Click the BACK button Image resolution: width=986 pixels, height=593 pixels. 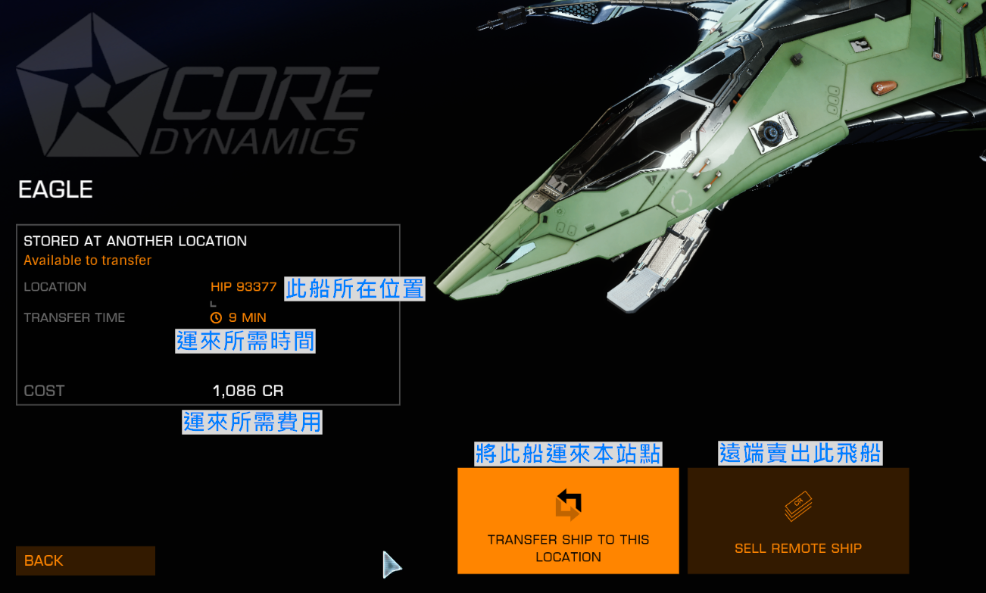85,560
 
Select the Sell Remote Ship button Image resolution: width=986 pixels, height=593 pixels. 797,520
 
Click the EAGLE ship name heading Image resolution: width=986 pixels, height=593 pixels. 55,189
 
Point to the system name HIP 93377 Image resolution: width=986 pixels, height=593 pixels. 243,287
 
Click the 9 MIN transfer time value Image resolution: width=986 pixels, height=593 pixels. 247,317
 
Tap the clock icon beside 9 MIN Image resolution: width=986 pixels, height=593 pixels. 216,318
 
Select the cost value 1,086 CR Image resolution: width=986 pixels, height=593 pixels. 248,391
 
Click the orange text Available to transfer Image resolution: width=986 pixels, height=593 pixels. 87,261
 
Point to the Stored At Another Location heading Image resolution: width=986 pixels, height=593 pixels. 135,242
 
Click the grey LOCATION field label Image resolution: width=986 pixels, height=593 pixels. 55,287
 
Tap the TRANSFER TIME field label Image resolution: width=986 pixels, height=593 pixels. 74,317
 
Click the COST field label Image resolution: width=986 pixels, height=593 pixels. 44,391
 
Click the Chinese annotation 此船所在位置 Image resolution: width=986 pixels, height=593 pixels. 354,289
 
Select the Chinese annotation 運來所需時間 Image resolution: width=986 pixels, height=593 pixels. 245,341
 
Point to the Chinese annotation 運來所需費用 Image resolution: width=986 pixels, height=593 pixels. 252,422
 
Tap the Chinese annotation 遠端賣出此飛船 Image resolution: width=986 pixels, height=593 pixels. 800,453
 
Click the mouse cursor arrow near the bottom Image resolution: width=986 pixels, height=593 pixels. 390,564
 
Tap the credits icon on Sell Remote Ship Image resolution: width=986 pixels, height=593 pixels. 797,506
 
